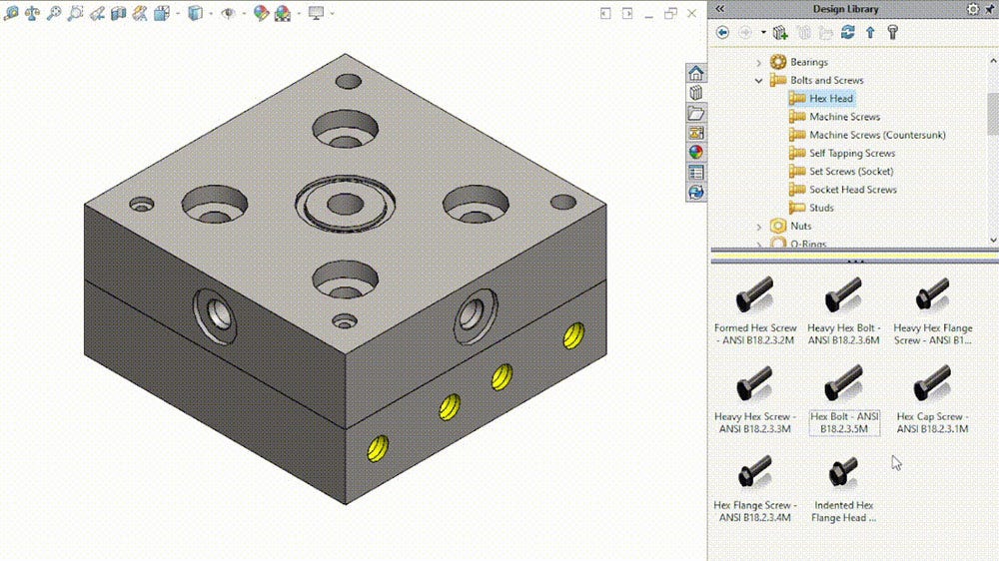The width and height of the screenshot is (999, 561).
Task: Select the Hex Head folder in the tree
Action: [x=830, y=99]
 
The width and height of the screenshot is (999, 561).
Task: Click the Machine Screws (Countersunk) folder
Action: [x=876, y=135]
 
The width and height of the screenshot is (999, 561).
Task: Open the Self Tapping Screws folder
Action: [x=851, y=153]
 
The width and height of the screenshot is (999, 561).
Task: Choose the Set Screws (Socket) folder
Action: [x=850, y=172]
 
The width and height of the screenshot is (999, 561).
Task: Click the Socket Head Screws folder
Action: [x=852, y=190]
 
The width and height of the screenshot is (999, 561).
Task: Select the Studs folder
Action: [x=820, y=208]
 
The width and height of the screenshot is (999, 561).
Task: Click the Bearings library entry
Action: [x=808, y=62]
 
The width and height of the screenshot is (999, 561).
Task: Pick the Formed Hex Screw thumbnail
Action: [x=754, y=296]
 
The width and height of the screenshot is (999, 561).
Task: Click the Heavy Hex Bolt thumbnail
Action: [x=843, y=296]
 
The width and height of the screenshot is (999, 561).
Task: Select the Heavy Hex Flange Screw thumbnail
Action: [x=932, y=296]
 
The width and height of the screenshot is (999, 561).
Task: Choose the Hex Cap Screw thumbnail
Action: [x=932, y=384]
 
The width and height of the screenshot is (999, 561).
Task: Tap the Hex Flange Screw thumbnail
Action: [x=754, y=471]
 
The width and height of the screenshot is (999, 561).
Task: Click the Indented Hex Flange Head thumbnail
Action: [x=843, y=471]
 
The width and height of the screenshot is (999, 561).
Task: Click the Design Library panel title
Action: [x=845, y=9]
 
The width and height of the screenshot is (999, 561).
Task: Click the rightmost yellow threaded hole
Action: [x=573, y=335]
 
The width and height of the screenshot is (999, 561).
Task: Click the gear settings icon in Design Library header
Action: [x=973, y=9]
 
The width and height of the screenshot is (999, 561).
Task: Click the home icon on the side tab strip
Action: [x=696, y=74]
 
